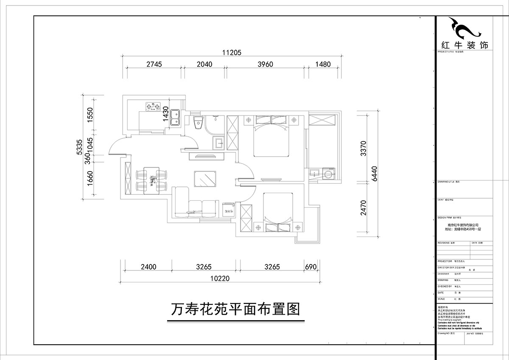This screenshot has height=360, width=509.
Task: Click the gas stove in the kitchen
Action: pyautogui.click(x=152, y=106)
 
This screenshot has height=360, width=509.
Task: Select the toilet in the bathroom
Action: pyautogui.click(x=196, y=123)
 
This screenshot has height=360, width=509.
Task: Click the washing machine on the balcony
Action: pyautogui.click(x=329, y=174)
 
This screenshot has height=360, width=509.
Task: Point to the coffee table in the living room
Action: pyautogui.click(x=204, y=178)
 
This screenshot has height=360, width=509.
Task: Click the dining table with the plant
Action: pyautogui.click(x=151, y=180)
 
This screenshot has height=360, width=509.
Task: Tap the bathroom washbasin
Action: pyautogui.click(x=219, y=143)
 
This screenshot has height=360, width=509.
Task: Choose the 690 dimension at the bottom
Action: pyautogui.click(x=311, y=267)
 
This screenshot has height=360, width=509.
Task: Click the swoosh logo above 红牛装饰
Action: pyautogui.click(x=465, y=28)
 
